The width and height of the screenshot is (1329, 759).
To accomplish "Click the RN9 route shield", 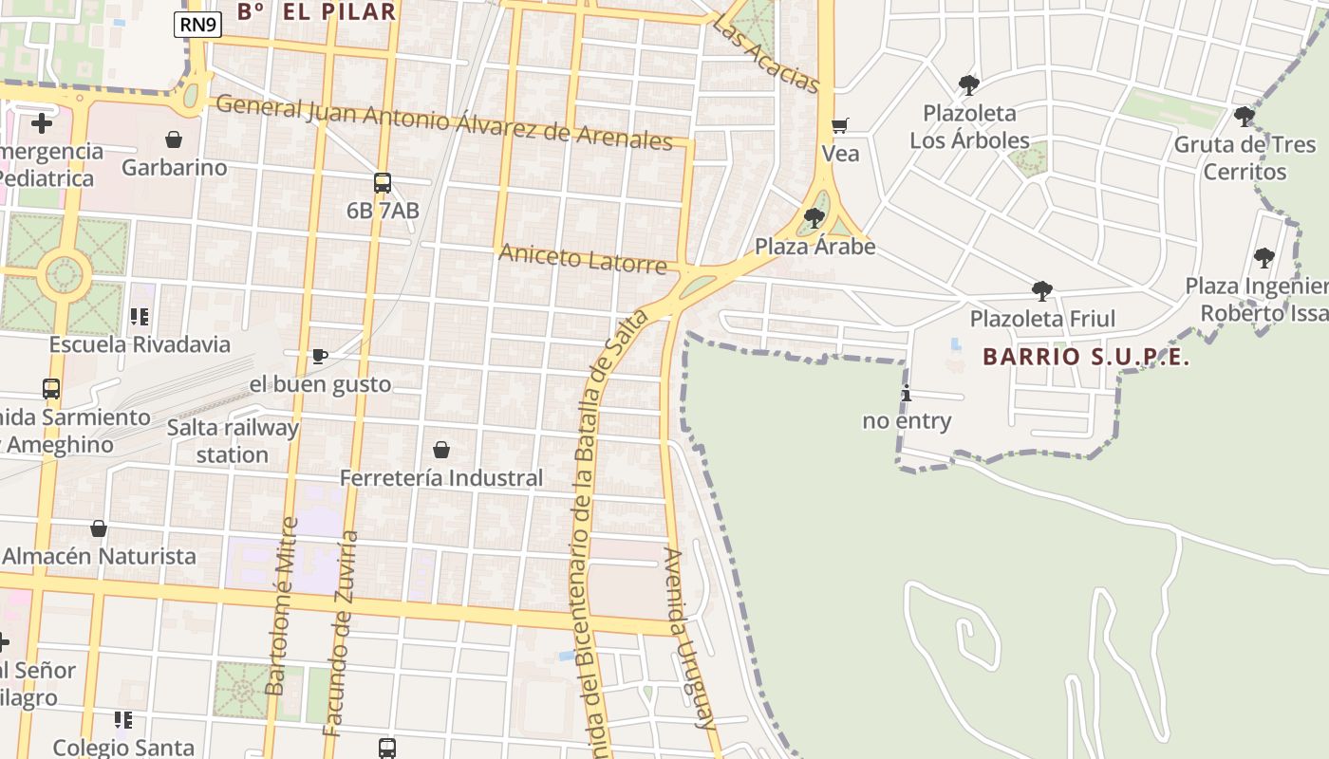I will (197, 25).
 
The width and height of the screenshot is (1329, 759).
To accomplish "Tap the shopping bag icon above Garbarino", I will (174, 139).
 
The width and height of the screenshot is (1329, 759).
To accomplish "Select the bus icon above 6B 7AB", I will (383, 183).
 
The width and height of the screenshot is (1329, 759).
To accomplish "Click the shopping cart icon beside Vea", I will (839, 125).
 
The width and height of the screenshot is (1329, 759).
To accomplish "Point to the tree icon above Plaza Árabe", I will (814, 218).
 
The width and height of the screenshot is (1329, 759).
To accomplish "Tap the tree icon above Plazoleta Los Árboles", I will (968, 85).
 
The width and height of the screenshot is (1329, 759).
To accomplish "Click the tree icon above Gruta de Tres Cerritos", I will (1244, 117).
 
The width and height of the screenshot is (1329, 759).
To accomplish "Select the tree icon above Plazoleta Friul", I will (1041, 290).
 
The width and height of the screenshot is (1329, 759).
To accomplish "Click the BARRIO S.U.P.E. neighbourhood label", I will (1086, 357).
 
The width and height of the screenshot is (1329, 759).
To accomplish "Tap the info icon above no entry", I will (907, 394).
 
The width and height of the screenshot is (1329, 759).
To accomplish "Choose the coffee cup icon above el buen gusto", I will (320, 357).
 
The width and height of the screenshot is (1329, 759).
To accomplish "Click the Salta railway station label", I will (233, 441).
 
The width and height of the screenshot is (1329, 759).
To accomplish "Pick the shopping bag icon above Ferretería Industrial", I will (441, 450).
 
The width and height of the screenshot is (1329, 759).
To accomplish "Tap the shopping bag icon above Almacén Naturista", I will (99, 528).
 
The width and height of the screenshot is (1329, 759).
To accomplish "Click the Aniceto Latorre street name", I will (583, 258).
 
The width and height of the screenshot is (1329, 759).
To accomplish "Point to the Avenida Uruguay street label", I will (689, 638).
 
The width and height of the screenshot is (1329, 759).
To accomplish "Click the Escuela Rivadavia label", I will (140, 344).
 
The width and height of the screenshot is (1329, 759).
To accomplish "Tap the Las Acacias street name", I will (765, 56).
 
